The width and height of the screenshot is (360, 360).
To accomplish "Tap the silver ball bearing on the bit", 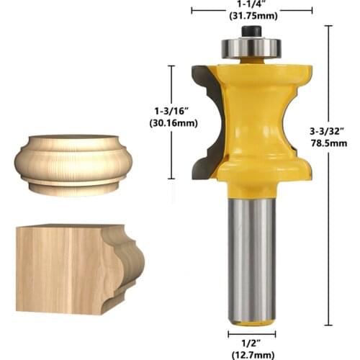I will coord(252,47).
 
